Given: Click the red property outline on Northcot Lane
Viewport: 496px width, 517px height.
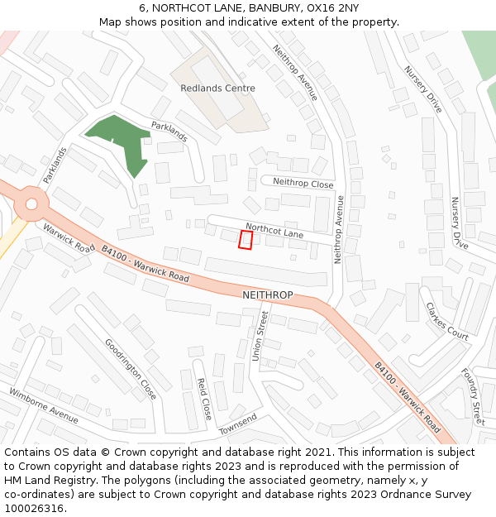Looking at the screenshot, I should (246, 239).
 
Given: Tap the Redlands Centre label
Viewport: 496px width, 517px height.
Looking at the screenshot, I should (218, 88).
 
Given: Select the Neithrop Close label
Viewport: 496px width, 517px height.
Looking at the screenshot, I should (303, 184).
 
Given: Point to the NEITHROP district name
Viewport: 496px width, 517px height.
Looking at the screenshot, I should (267, 295).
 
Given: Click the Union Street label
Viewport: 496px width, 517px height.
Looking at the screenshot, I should (260, 336).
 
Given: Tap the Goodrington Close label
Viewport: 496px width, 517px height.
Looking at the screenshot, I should (131, 369).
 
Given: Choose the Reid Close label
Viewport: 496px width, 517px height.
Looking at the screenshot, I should (203, 397).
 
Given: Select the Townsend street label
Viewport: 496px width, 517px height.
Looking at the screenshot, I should (239, 424).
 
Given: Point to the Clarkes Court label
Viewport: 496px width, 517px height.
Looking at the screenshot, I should (447, 321).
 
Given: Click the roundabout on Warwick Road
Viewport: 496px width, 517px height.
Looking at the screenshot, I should (31, 203).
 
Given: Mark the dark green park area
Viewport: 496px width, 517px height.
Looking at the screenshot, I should (120, 139).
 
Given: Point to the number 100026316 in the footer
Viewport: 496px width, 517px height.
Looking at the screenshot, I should (33, 508).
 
